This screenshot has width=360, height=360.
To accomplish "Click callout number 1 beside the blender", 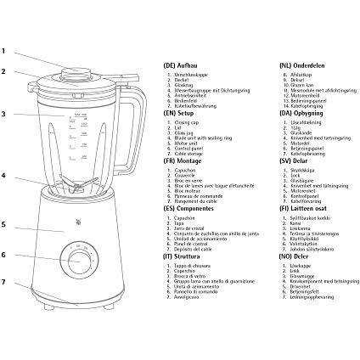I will (3, 48).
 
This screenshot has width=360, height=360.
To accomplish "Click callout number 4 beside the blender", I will (3, 177).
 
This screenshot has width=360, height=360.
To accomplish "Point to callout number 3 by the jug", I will (3, 114).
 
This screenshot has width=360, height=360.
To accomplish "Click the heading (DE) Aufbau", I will (179, 65).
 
